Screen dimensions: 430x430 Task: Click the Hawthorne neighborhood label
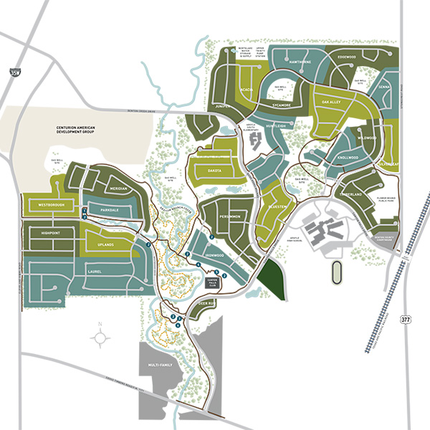pos(300,62)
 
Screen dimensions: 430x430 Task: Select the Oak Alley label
pos(335,102)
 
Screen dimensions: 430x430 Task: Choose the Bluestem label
pos(277,207)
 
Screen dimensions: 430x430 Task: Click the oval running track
pos(335,273)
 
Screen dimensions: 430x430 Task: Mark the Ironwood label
pos(214,255)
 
